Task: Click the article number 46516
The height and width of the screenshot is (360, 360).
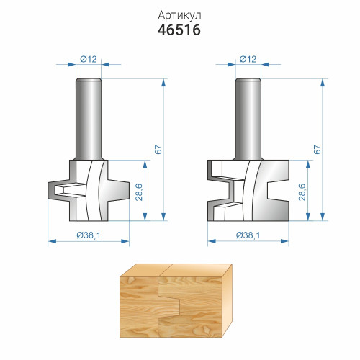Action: point(179,30)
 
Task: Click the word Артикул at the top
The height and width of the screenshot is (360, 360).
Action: point(179,15)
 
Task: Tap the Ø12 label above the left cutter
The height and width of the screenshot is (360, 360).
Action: point(89,59)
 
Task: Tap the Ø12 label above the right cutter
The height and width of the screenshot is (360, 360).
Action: point(248,59)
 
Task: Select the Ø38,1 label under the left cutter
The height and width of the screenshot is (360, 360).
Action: point(89,235)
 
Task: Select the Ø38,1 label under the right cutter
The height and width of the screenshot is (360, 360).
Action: point(248,235)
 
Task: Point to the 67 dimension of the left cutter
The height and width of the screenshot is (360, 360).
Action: point(158,149)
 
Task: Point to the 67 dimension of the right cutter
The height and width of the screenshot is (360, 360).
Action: point(317,149)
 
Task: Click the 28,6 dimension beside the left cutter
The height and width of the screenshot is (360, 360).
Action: point(139,192)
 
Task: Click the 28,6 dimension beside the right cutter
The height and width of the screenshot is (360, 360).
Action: point(302,192)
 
